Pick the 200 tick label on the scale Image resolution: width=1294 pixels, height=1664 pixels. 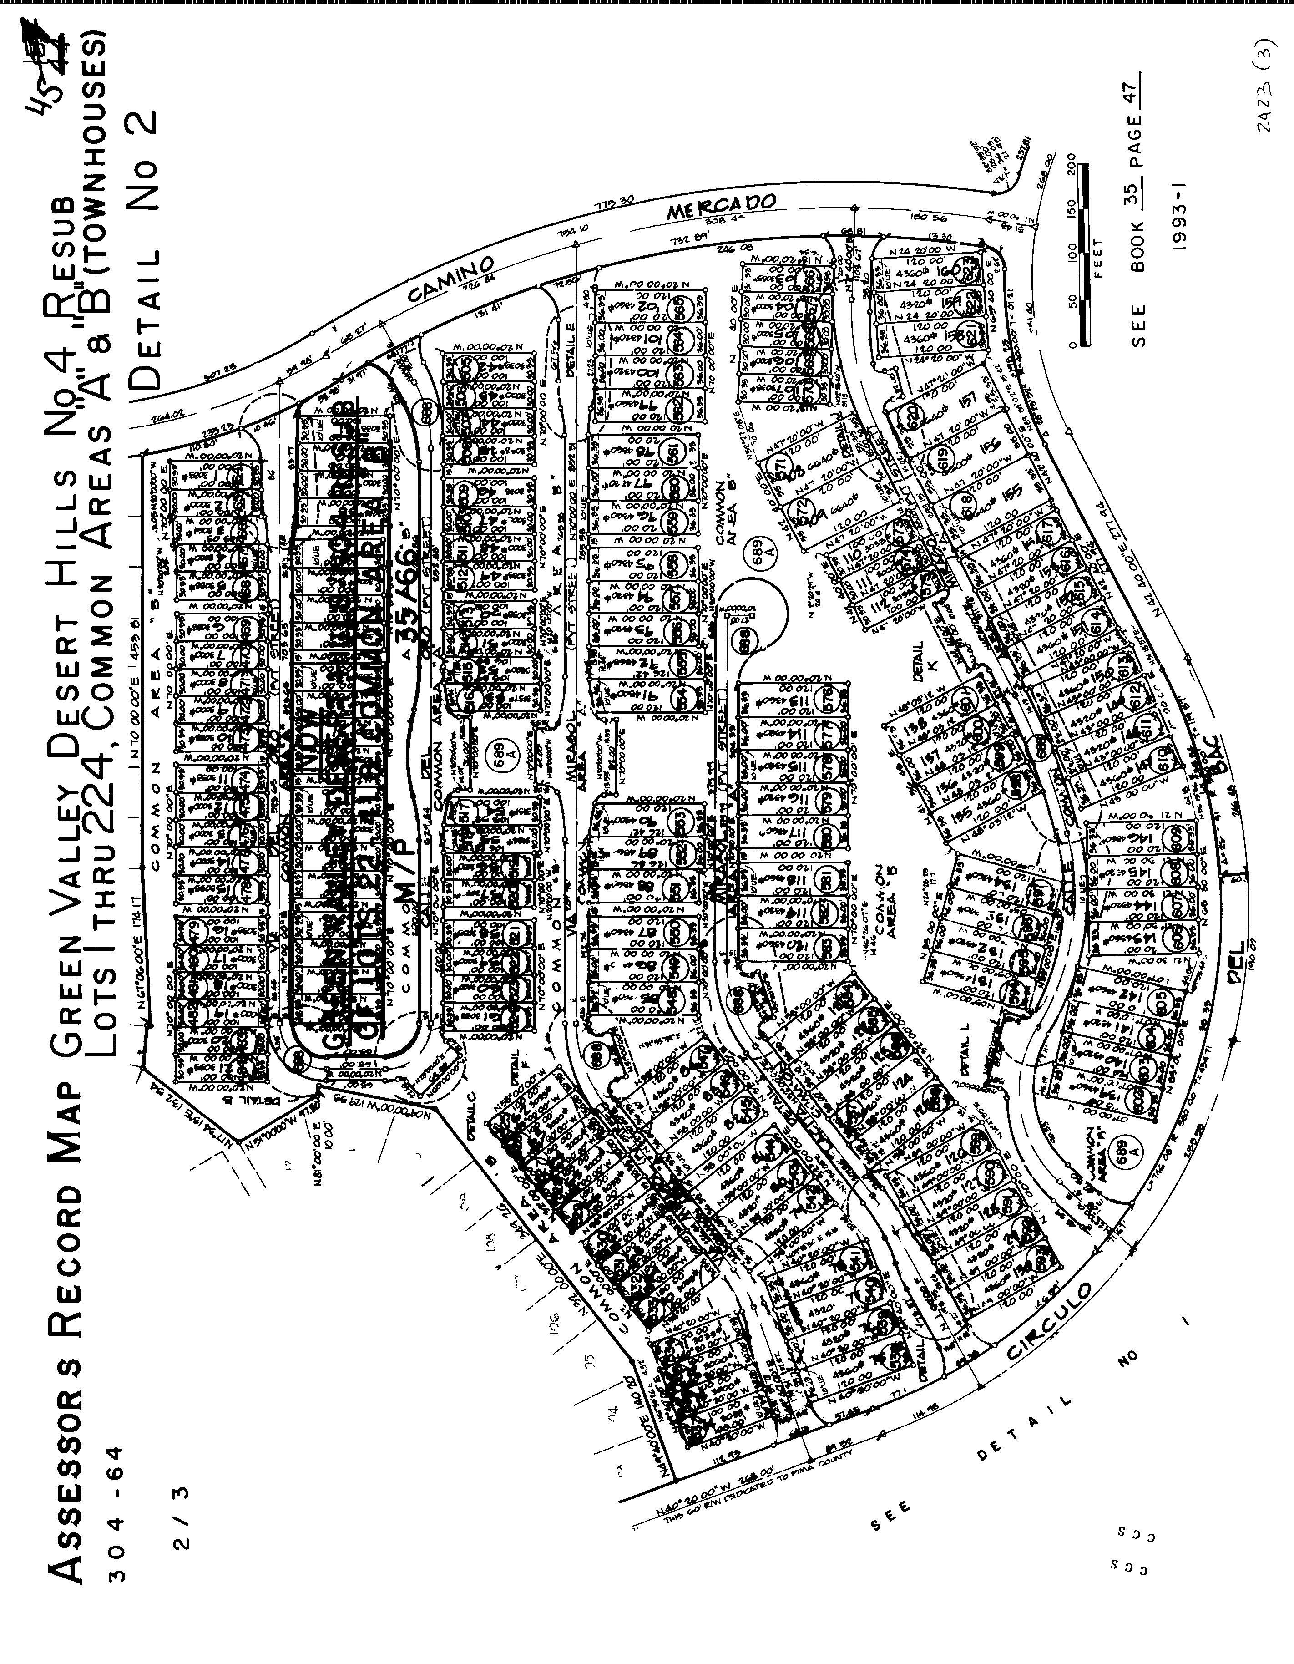tap(1072, 163)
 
